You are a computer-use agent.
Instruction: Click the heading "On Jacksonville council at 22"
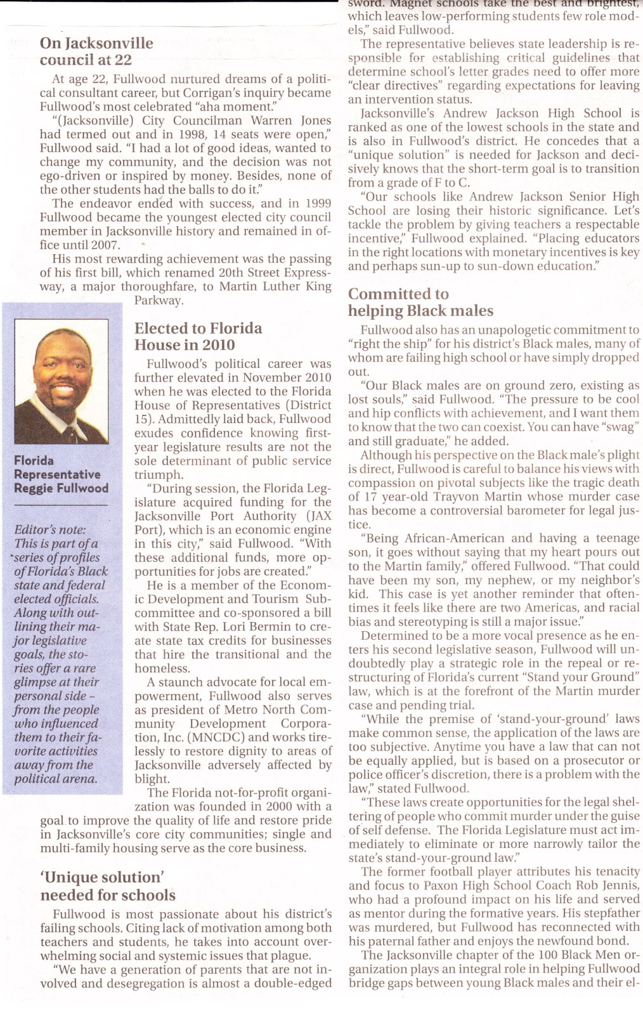click(x=96, y=51)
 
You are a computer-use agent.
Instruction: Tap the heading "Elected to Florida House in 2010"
click(x=198, y=337)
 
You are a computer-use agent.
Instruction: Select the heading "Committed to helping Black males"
click(x=420, y=303)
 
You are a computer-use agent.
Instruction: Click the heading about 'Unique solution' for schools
click(x=108, y=886)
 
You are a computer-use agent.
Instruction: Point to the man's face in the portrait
click(x=62, y=371)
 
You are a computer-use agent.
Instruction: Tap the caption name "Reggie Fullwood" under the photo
click(x=61, y=488)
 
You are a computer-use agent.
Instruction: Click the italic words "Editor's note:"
click(x=50, y=530)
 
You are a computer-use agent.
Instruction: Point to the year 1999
click(x=317, y=204)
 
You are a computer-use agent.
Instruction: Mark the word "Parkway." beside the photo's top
click(x=159, y=300)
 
